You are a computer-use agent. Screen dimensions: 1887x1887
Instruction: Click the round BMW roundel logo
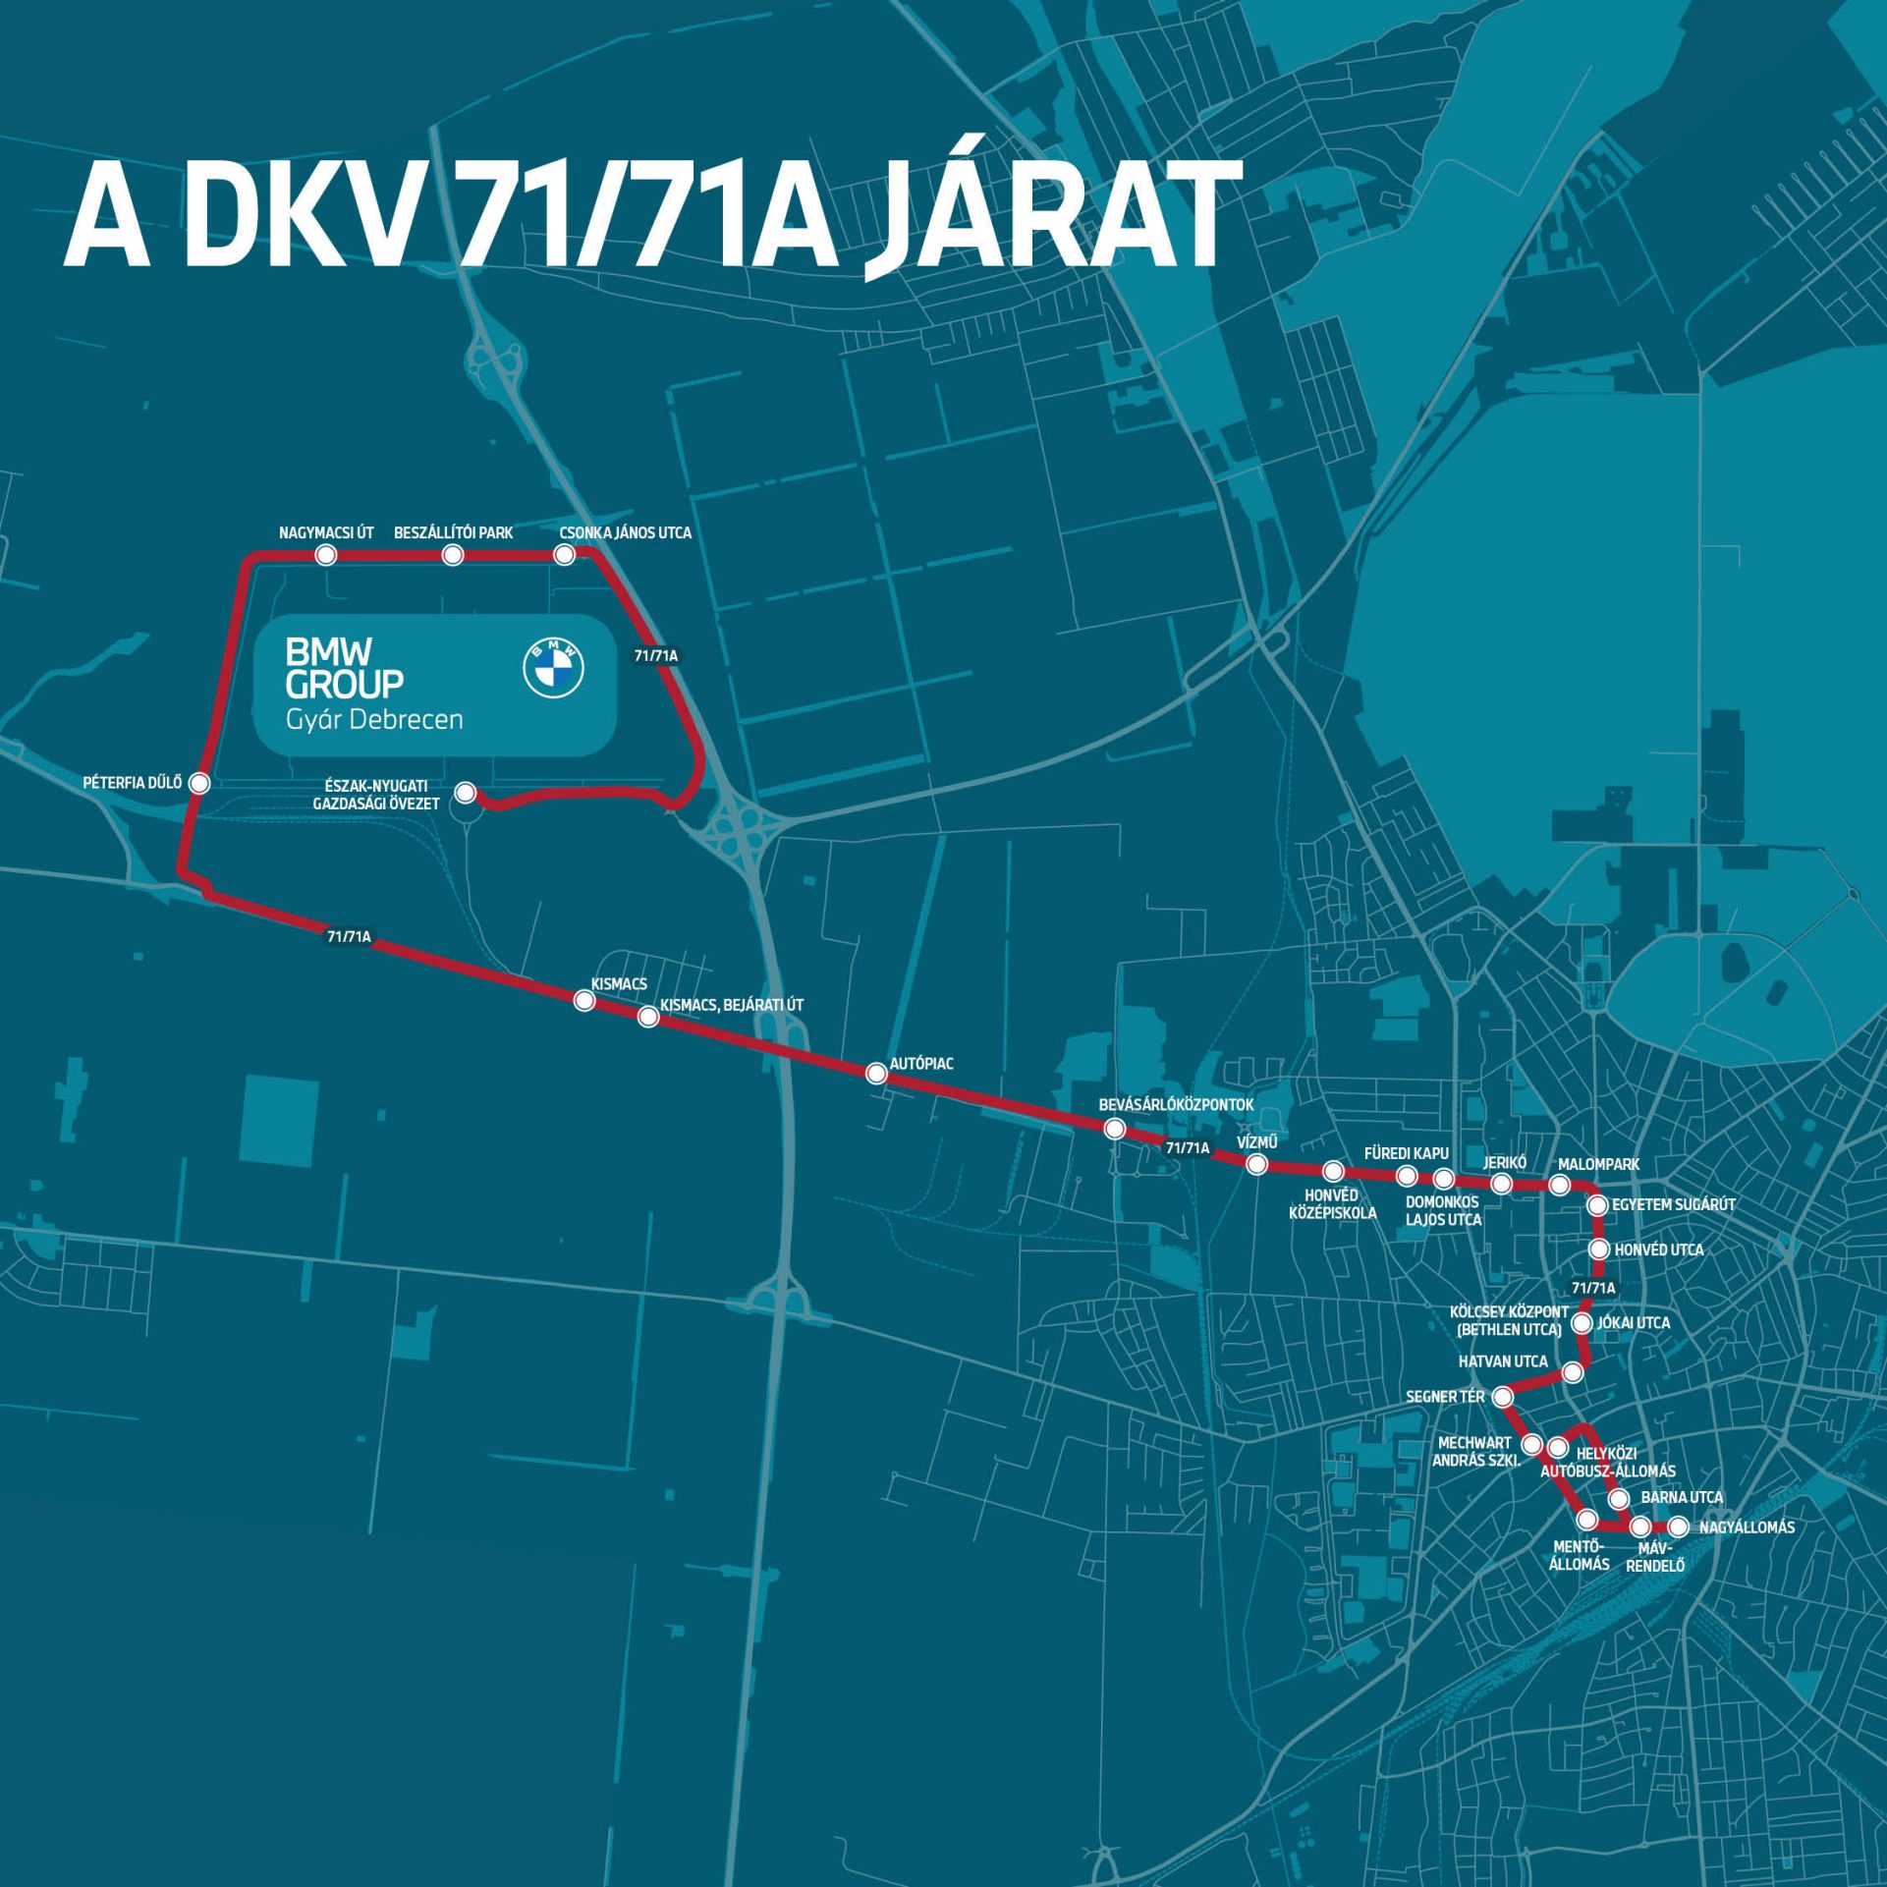coord(552,668)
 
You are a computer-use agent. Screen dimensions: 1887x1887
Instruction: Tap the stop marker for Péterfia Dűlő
coord(199,783)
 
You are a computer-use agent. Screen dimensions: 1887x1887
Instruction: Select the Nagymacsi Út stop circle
coord(326,555)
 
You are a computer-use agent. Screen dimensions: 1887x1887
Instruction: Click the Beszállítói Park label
coord(453,532)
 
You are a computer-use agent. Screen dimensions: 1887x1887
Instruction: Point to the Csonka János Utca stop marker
coord(564,555)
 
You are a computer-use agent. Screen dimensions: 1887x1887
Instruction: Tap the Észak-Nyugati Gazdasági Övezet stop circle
coord(465,792)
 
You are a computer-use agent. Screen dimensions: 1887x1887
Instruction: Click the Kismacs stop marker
coord(583,1001)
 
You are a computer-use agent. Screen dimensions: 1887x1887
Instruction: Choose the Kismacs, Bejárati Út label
coord(732,1005)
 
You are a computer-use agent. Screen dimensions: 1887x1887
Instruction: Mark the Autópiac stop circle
coord(876,1074)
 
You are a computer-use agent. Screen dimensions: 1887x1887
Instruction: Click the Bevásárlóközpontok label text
coord(1176,1105)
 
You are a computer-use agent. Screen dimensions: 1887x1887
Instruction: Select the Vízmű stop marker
coord(1255,1165)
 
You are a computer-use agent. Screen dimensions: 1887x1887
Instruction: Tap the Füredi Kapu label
coord(1406,1153)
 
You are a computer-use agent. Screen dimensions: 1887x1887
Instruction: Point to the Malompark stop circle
coord(1559,1186)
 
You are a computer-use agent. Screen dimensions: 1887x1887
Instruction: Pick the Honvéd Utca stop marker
coord(1598,1249)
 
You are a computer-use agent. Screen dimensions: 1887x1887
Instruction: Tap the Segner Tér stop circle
coord(1502,1396)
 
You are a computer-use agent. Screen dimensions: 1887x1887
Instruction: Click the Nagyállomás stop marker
coord(1678,1527)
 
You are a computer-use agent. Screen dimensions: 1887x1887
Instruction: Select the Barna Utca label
coord(1682,1498)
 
